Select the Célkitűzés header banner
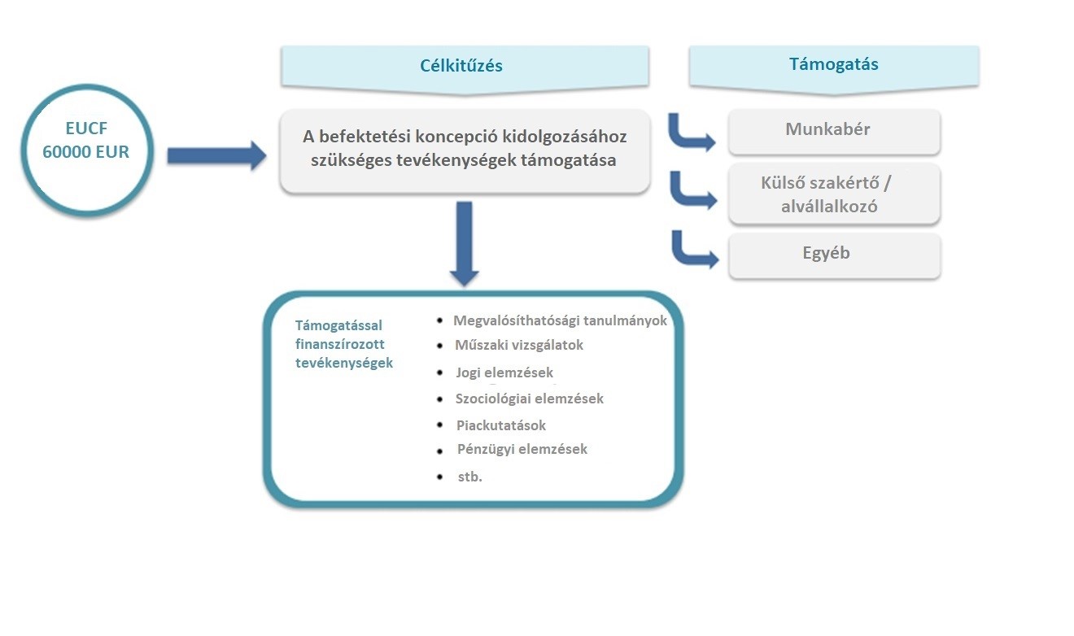pyautogui.click(x=465, y=66)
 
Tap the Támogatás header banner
pyautogui.click(x=833, y=65)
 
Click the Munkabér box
pyautogui.click(x=834, y=130)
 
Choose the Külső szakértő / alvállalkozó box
pyautogui.click(x=834, y=194)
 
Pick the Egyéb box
pyautogui.click(x=834, y=254)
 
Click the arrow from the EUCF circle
pyautogui.click(x=216, y=155)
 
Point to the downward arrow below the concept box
pyautogui.click(x=464, y=242)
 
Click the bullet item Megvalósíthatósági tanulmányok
pyautogui.click(x=560, y=320)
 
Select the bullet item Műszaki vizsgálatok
pyautogui.click(x=519, y=345)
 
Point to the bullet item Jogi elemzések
pyautogui.click(x=504, y=373)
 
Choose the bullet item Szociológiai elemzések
pyautogui.click(x=530, y=399)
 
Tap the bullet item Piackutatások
pyautogui.click(x=501, y=425)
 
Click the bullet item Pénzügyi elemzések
pyautogui.click(x=522, y=449)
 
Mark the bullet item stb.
pyautogui.click(x=469, y=477)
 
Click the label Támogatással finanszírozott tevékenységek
pyautogui.click(x=343, y=344)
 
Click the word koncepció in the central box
pyautogui.click(x=464, y=136)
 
